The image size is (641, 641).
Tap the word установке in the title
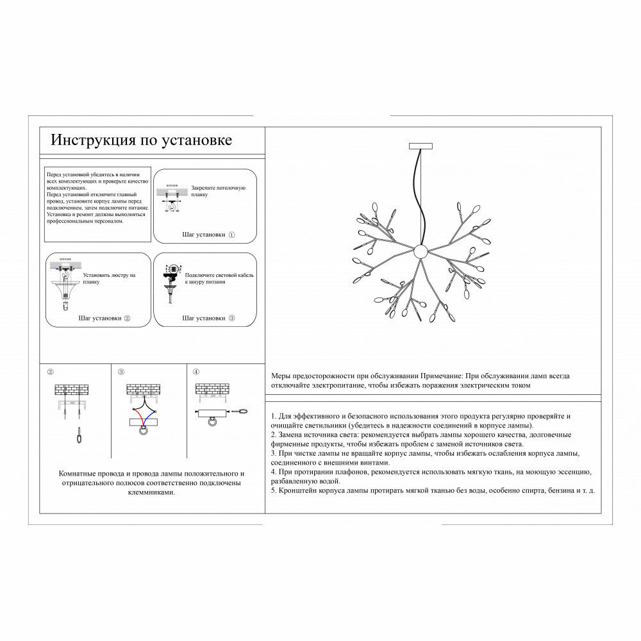tap(197, 140)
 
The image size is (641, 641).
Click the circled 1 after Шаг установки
tap(231, 235)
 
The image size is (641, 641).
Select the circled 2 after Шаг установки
tap(127, 318)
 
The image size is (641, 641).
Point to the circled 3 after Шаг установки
tap(231, 318)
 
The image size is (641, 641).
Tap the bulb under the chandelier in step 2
tap(64, 306)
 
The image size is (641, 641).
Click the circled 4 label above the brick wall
tap(196, 371)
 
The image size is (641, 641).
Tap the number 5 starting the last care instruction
tap(274, 490)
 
